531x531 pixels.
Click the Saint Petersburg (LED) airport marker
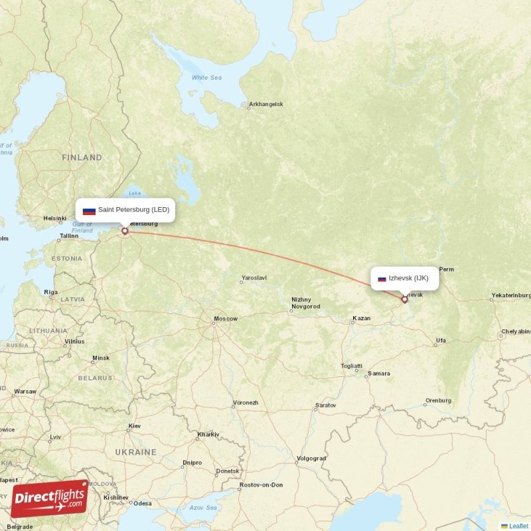pos(124,231)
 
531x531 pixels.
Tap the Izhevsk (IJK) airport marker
pos(404,299)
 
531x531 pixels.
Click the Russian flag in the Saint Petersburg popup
pos(89,210)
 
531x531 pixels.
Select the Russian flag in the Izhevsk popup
pos(382,279)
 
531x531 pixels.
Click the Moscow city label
pos(225,319)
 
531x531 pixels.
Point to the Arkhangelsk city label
pos(265,104)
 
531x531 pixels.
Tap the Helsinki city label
pos(55,218)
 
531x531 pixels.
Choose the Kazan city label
pos(362,319)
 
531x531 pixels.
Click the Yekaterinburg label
pos(510,295)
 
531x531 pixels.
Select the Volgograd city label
pos(311,458)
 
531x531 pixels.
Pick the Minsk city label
pos(101,358)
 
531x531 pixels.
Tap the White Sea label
pos(206,78)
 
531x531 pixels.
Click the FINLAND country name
pos(82,158)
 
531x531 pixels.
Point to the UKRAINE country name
pos(136,452)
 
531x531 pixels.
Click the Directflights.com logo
pos(50,498)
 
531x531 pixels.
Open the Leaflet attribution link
pos(518,526)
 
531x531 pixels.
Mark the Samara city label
pos(379,374)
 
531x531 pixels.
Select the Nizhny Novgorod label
pos(305,303)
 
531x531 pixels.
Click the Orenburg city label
pos(438,400)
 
